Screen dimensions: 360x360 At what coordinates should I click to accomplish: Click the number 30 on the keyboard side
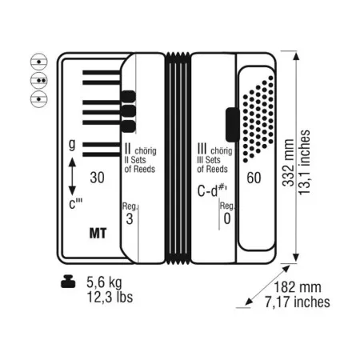click(97, 178)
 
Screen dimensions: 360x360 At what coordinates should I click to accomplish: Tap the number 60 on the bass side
click(254, 178)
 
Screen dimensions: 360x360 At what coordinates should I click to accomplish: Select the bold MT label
click(98, 234)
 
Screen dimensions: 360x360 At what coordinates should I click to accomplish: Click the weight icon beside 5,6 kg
click(68, 282)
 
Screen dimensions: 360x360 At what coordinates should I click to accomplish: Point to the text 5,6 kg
click(104, 282)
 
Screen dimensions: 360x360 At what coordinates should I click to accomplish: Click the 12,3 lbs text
click(110, 297)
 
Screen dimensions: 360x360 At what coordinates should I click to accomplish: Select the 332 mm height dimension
click(288, 162)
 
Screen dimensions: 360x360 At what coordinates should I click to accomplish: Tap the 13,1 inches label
click(304, 162)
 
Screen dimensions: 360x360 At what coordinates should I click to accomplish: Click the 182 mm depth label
click(298, 287)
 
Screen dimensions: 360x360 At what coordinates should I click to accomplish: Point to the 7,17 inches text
click(298, 302)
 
